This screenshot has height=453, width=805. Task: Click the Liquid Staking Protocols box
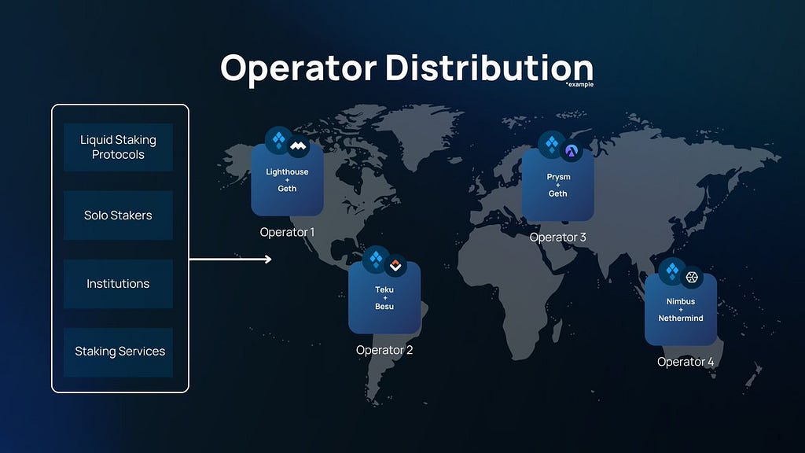tap(118, 147)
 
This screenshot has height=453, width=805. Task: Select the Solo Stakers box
tap(118, 215)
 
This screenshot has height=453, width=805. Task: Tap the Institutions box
tap(118, 283)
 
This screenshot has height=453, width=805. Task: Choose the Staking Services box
tap(118, 352)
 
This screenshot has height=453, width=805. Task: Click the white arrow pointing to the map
tap(230, 260)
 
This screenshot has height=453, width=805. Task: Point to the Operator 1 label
tap(287, 232)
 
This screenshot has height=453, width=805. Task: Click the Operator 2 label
tap(384, 350)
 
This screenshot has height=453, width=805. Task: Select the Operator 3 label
tap(557, 238)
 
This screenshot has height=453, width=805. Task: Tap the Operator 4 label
tap(686, 362)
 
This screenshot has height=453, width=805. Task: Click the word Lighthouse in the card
tap(287, 172)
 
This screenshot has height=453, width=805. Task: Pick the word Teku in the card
tap(384, 289)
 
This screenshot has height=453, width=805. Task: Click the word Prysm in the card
tap(558, 177)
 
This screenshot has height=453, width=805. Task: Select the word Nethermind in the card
tap(681, 319)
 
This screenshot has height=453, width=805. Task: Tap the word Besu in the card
tap(384, 307)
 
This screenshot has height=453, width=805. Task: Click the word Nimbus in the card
tap(681, 301)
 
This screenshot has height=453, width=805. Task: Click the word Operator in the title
tap(298, 68)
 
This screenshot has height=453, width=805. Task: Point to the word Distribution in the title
tap(489, 68)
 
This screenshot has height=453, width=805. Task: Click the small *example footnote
tap(579, 85)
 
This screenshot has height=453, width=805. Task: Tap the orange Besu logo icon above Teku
tap(395, 266)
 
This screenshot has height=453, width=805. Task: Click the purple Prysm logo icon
tap(572, 151)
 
